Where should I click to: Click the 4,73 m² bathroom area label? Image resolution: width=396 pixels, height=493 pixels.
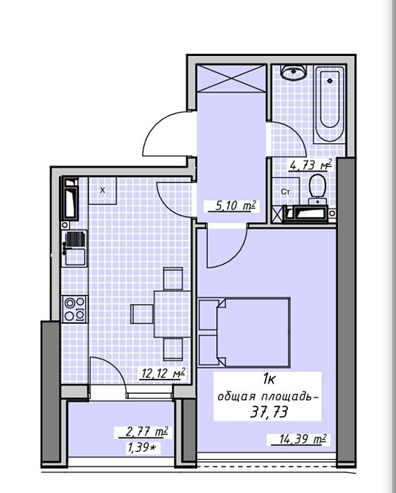311,165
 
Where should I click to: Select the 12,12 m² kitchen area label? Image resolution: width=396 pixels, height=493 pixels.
163,374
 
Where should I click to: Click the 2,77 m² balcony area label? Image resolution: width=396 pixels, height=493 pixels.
146,432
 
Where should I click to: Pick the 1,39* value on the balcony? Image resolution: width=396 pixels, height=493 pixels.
142,447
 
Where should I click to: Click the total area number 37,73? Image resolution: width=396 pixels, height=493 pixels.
269,411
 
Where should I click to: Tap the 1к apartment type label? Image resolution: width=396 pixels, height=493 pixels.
269,380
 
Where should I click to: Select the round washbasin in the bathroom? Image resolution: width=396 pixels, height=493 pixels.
293,73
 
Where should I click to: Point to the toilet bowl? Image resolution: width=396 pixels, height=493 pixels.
318,188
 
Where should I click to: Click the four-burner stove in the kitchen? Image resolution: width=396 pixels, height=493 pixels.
74,309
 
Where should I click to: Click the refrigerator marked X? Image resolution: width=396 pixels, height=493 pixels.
102,191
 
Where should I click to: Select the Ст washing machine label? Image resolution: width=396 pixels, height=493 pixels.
286,191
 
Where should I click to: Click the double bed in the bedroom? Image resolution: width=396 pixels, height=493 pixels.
244,333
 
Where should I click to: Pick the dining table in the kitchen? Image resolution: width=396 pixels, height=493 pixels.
172,314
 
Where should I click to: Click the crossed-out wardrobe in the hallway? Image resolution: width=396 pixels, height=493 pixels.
232,78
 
